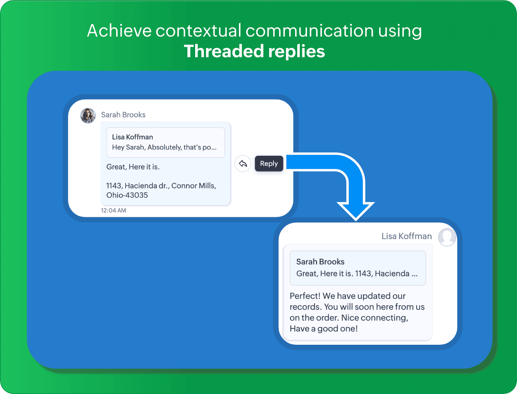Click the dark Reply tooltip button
[x=269, y=163]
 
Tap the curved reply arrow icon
[x=243, y=163]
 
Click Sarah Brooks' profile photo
[x=88, y=116]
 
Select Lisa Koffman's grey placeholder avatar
[x=447, y=237]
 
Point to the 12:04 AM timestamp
[x=113, y=210]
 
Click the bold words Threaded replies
[x=255, y=51]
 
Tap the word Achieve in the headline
[x=119, y=31]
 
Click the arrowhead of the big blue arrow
[x=356, y=211]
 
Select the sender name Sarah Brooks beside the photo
[x=123, y=115]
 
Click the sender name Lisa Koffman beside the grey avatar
[x=407, y=236]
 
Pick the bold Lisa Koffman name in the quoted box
[x=133, y=137]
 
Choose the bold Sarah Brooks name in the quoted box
[x=320, y=262]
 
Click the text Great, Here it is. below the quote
[x=133, y=167]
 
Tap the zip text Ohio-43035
[x=127, y=195]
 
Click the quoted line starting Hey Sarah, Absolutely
[x=164, y=147]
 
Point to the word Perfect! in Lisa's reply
[x=305, y=296]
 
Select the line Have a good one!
[x=324, y=328]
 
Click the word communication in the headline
[x=310, y=31]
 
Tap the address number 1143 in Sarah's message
[x=114, y=186]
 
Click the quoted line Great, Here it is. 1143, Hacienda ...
[x=357, y=273]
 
